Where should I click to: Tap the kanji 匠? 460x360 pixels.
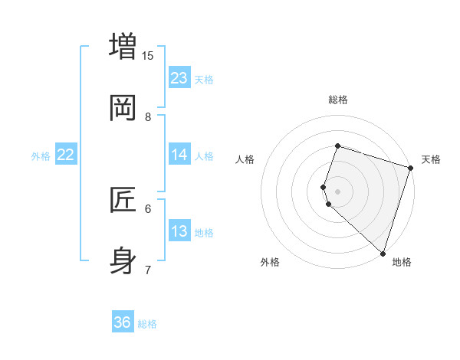pos(123,200)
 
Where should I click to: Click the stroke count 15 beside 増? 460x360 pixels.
pos(148,55)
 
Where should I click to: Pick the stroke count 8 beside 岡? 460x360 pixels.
pos(148,116)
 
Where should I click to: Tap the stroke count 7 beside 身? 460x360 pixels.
pos(148,270)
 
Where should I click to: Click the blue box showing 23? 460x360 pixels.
pos(179,78)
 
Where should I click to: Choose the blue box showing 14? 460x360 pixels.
pos(179,155)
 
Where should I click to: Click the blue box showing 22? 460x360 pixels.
pos(66,155)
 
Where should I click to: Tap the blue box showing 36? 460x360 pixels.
pos(123,322)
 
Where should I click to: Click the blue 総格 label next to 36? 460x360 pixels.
pos(147,324)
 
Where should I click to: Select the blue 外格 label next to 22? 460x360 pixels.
pos(41,156)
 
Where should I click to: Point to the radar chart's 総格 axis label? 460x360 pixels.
pos(338,100)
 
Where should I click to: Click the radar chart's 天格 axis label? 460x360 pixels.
pos(431,159)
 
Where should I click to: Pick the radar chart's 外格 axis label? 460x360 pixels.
pos(270,263)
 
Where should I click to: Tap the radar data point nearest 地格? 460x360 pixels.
pos(383,253)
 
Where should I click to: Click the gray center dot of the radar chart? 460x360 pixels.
pos(338,191)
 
